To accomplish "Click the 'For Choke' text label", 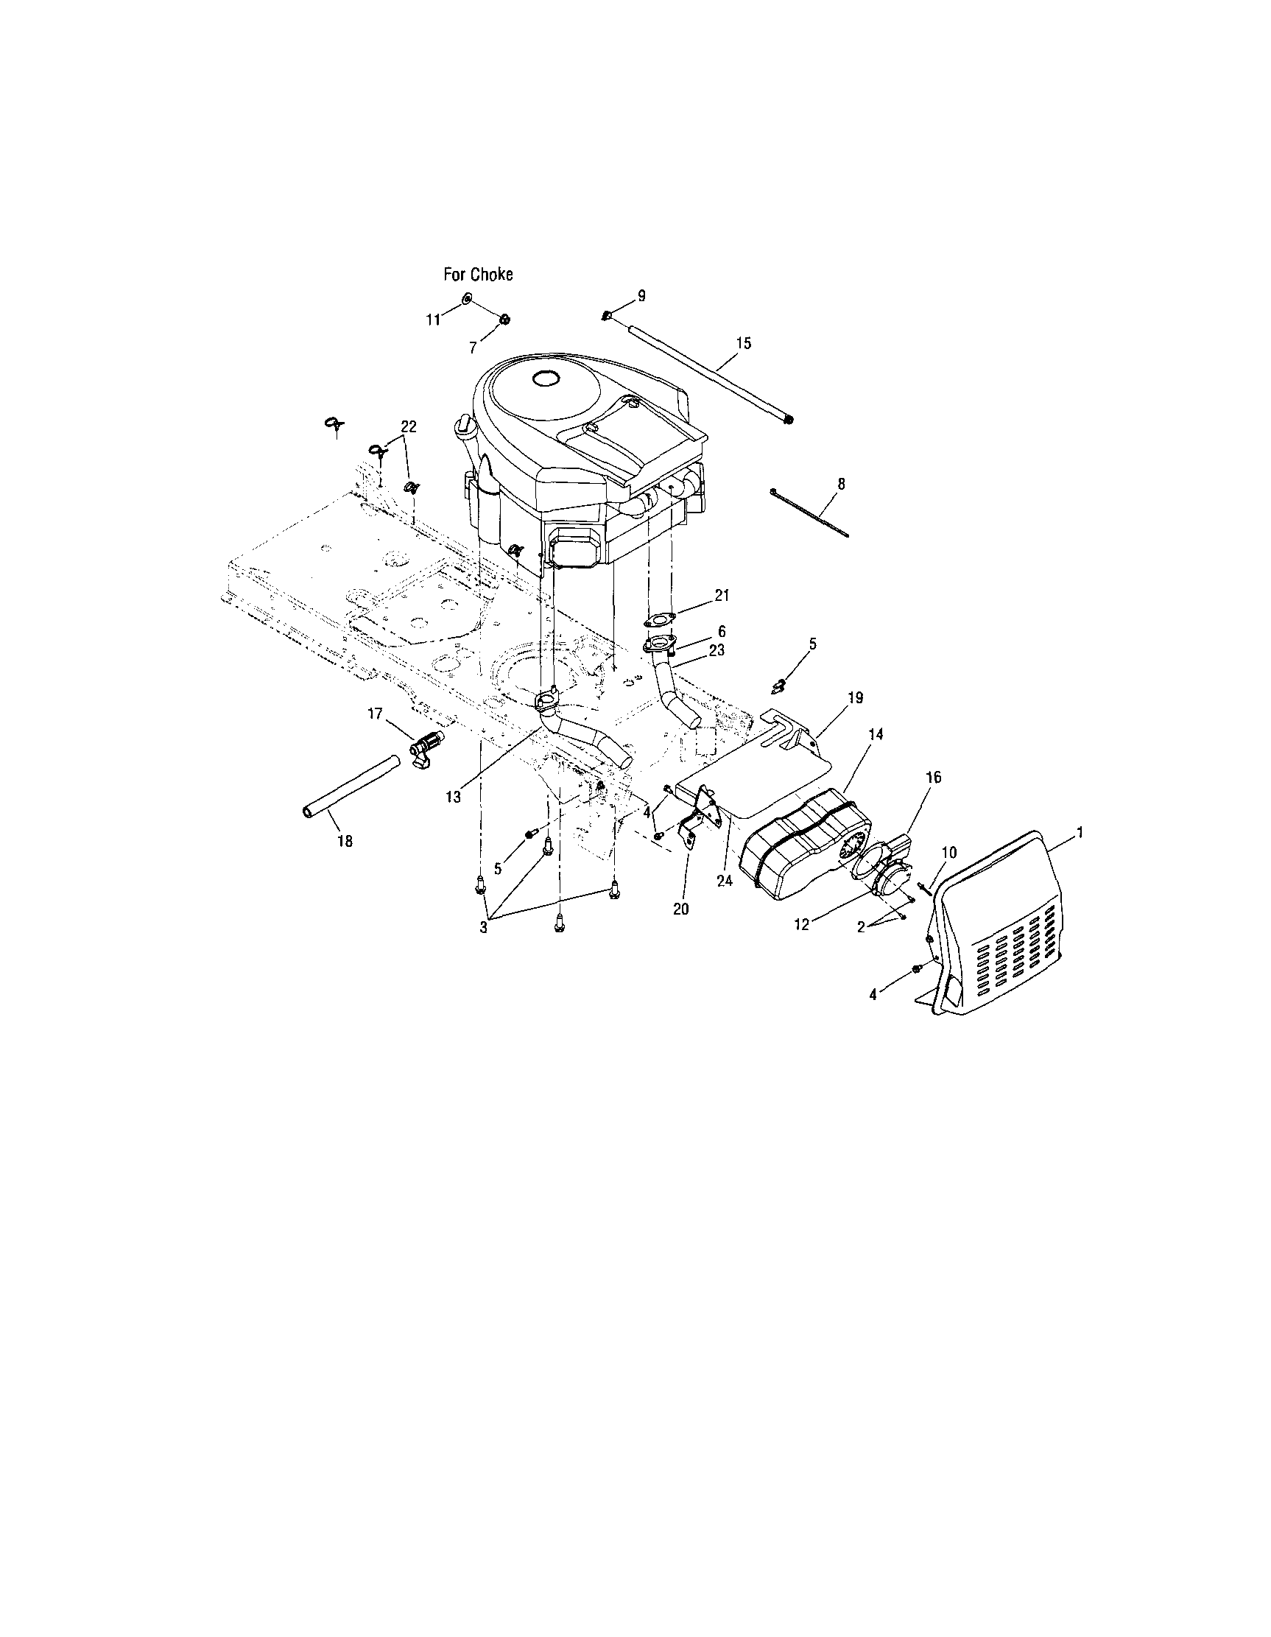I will tap(478, 275).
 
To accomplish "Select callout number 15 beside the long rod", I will tap(744, 343).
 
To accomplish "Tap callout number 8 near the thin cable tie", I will tap(841, 485).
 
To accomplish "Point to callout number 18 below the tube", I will tap(344, 841).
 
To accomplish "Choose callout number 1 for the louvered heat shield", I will tap(1080, 833).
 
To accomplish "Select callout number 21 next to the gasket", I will tap(722, 595).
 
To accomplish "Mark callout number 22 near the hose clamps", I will tap(409, 426).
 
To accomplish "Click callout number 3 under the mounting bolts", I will tap(483, 927).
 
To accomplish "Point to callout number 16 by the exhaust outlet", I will tap(933, 778).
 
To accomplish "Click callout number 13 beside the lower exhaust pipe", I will tap(453, 797).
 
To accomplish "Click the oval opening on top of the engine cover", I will tap(545, 379).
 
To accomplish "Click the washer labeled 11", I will tap(466, 299).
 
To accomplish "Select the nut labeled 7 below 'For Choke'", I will tap(505, 320).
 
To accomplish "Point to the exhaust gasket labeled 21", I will tap(660, 619).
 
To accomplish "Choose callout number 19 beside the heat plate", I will tap(855, 697).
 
